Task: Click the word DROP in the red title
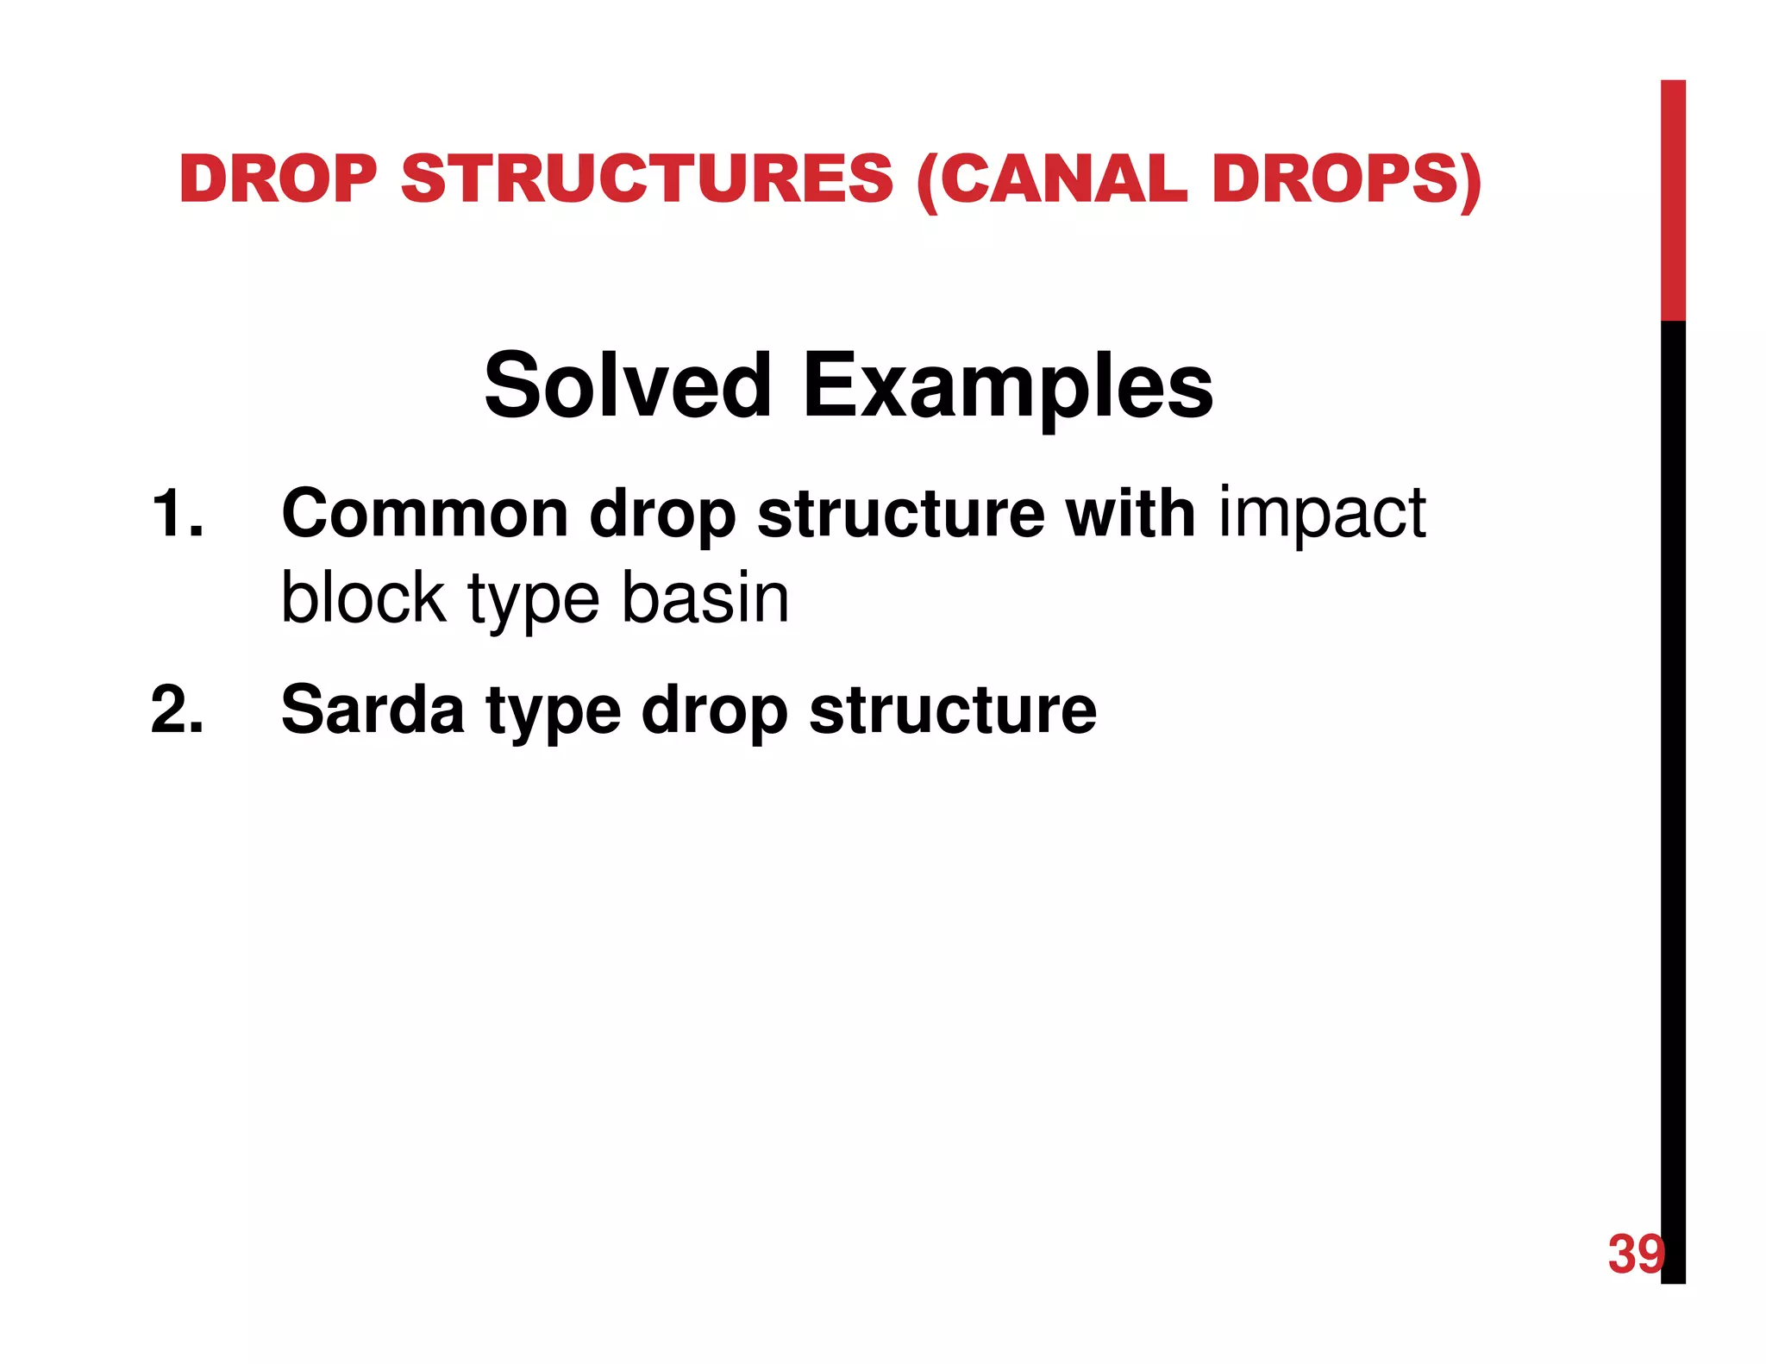pyautogui.click(x=278, y=179)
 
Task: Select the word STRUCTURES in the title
pyautogui.click(x=647, y=179)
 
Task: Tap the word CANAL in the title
pyautogui.click(x=1063, y=179)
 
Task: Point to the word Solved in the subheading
pyautogui.click(x=627, y=385)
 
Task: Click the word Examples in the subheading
pyautogui.click(x=1007, y=387)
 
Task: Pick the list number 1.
pyautogui.click(x=177, y=514)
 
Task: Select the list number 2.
pyautogui.click(x=177, y=710)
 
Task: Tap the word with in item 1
pyautogui.click(x=1130, y=514)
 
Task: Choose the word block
pyautogui.click(x=363, y=598)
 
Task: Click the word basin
pyautogui.click(x=705, y=598)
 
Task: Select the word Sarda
pyautogui.click(x=373, y=710)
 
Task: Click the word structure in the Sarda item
pyautogui.click(x=953, y=710)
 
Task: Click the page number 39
pyautogui.click(x=1635, y=1254)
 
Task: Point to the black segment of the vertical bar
pyautogui.click(x=1673, y=776)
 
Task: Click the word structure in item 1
pyautogui.click(x=900, y=514)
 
